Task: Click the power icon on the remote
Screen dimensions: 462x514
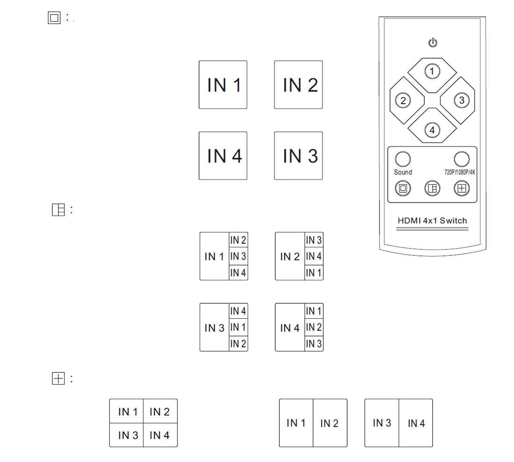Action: click(433, 43)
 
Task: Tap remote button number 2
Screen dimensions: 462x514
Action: click(403, 100)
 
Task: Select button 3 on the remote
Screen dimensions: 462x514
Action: click(462, 100)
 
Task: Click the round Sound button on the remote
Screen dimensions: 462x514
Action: click(403, 160)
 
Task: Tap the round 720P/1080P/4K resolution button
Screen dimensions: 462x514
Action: click(461, 160)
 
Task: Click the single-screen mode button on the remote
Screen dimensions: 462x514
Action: click(403, 189)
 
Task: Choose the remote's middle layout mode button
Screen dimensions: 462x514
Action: click(432, 189)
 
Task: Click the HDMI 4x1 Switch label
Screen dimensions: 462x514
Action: click(432, 221)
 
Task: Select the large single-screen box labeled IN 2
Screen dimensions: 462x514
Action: click(299, 85)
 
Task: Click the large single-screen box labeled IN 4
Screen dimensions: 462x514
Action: click(223, 156)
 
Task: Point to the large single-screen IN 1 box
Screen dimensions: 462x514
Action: click(223, 85)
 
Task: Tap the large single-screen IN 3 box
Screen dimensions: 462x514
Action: click(299, 156)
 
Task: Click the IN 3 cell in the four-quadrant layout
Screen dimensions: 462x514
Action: click(127, 435)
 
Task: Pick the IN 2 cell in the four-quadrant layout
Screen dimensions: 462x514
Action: click(160, 412)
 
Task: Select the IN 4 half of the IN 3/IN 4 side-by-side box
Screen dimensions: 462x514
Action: click(416, 423)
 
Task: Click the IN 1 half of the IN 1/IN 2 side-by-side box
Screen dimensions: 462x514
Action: click(296, 423)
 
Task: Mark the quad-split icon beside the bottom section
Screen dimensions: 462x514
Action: click(57, 378)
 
